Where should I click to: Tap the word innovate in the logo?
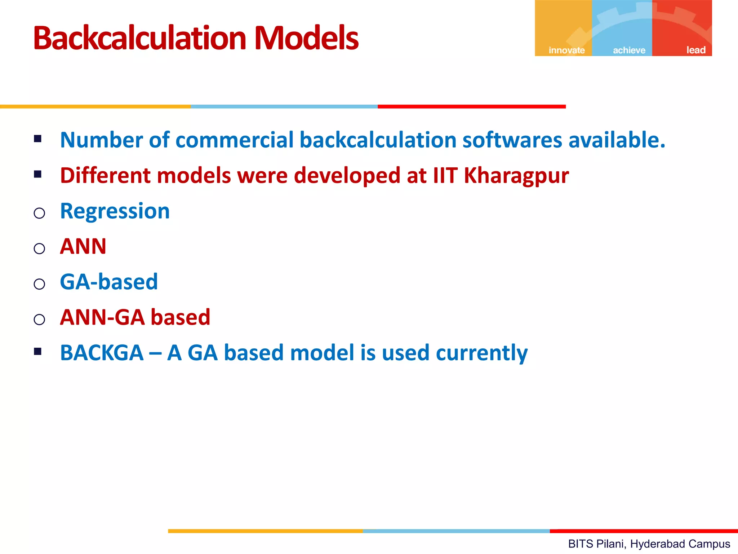pos(566,50)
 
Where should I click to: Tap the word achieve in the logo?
pos(629,50)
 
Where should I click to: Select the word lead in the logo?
pos(695,50)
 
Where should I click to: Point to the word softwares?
pos(512,140)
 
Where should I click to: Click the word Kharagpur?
pos(516,176)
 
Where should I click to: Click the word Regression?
pos(115,211)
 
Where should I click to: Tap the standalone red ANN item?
pos(83,246)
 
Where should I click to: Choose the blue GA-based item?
pos(109,282)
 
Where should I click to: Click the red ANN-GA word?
pos(103,317)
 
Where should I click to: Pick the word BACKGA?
pos(102,353)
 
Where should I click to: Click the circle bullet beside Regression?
pos(39,213)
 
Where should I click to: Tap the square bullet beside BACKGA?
pos(38,351)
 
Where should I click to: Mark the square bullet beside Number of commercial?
pos(38,138)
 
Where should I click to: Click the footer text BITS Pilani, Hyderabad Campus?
pos(649,544)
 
